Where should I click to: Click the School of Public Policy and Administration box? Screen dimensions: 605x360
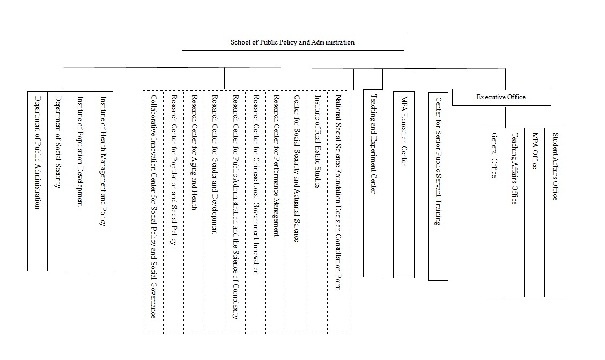[293, 42]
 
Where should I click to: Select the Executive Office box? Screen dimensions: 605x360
[501, 97]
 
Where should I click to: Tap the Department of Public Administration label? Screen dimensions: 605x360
[38, 152]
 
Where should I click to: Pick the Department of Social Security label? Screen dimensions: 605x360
[57, 142]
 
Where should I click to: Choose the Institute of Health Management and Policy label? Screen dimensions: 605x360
[102, 161]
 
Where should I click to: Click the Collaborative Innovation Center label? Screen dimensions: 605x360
[153, 207]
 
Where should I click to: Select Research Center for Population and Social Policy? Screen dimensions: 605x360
[174, 170]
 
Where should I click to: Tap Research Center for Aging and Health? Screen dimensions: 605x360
[195, 152]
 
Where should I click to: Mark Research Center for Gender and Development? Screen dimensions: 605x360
[215, 165]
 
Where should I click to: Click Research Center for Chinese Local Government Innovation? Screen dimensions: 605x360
[255, 185]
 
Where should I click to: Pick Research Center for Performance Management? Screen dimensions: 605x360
[276, 166]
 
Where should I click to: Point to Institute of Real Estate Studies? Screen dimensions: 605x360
[318, 142]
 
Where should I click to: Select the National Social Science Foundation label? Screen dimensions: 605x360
[338, 193]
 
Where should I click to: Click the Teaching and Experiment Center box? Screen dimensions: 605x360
[373, 183]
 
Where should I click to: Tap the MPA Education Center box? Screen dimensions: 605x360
[403, 185]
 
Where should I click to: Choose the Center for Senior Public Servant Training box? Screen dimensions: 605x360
[438, 186]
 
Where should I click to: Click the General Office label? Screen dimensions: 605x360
[494, 156]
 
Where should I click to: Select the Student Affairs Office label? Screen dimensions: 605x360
[555, 167]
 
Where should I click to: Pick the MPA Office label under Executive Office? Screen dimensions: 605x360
[534, 151]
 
